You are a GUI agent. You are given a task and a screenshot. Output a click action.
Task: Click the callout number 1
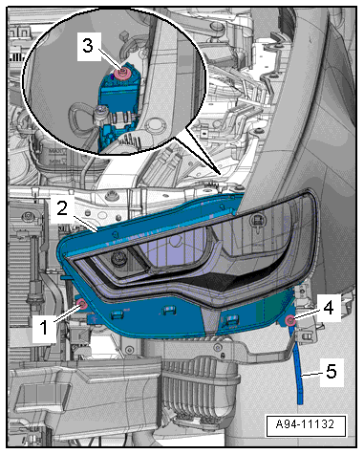(x=44, y=327)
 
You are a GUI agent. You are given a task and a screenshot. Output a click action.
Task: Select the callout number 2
(x=62, y=208)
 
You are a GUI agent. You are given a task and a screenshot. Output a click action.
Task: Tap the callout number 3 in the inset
(x=88, y=45)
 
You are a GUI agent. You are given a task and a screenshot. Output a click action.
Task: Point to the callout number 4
(x=328, y=308)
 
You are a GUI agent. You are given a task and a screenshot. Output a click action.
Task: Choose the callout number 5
(x=332, y=371)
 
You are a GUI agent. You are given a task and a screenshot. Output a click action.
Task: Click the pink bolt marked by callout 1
(x=82, y=305)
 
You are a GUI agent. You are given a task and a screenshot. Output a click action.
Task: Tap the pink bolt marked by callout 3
(x=122, y=75)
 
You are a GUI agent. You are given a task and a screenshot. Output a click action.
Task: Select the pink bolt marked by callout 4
(x=289, y=321)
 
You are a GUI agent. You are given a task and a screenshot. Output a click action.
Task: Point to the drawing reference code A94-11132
(x=305, y=424)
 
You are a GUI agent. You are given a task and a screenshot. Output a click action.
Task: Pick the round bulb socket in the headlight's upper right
(x=256, y=220)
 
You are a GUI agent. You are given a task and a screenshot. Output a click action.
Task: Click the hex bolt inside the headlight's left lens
(x=118, y=258)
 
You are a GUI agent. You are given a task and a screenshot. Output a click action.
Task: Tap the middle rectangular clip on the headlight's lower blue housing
(x=169, y=310)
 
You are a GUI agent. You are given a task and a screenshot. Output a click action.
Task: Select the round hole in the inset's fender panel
(x=155, y=125)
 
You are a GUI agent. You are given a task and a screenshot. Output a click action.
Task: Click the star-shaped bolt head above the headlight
(x=113, y=194)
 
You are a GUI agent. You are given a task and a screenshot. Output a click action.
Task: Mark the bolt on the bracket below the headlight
(x=218, y=348)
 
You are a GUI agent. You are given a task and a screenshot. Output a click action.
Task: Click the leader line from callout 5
(x=312, y=375)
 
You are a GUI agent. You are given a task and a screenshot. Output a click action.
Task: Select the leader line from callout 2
(x=86, y=223)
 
